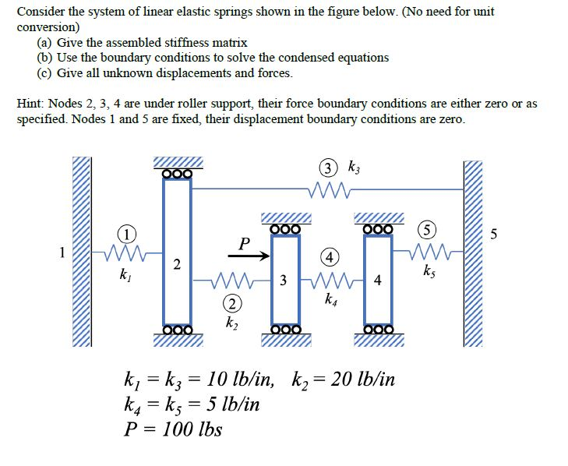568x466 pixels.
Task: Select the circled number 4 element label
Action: pos(330,257)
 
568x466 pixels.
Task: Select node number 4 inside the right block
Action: pos(378,281)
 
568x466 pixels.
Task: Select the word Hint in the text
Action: pos(31,104)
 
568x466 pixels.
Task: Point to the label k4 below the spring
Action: pos(330,299)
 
